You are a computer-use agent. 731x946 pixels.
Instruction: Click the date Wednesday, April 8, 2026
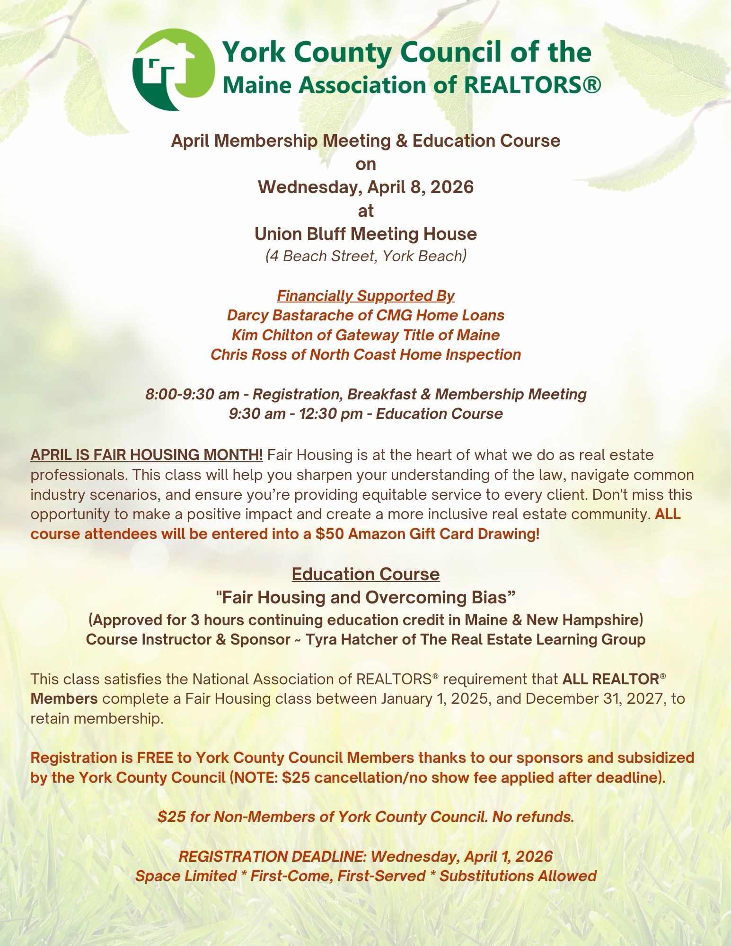point(366,187)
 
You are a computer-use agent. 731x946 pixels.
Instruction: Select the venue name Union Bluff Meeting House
point(366,234)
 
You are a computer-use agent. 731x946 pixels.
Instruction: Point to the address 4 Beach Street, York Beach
point(366,256)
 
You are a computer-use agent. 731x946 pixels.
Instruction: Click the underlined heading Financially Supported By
point(366,296)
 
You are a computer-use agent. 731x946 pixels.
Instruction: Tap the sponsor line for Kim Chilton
point(366,335)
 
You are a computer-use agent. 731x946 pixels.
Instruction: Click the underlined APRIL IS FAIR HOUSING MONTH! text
point(147,455)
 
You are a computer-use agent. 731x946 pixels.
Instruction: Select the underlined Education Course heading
point(366,574)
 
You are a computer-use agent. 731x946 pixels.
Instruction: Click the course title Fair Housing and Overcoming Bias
point(366,597)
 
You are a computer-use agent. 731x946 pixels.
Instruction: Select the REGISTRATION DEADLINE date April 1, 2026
point(508,856)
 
